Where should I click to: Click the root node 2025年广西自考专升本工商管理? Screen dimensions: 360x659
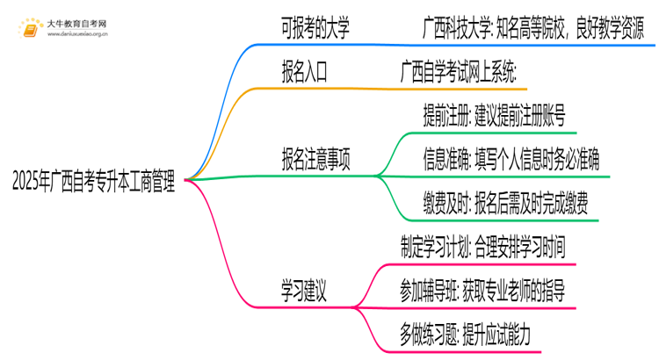coord(93,183)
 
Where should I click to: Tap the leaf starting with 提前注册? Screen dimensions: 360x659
coord(495,115)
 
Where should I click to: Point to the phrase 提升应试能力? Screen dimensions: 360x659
coord(517,334)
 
